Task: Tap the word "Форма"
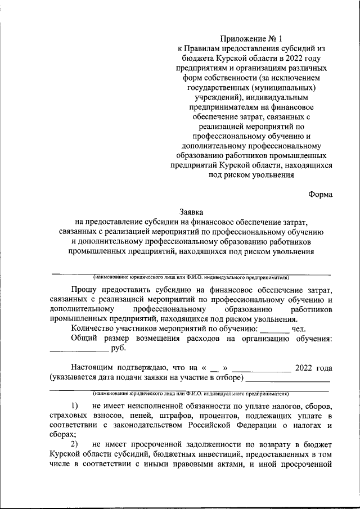pos(320,195)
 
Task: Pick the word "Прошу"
pos(83,290)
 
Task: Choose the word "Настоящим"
pos(93,368)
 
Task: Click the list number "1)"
pos(75,406)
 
